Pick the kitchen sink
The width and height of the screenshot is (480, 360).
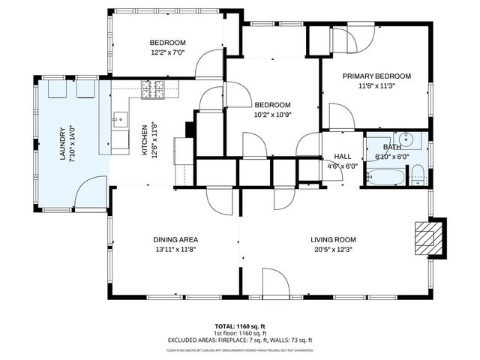(x=120, y=118)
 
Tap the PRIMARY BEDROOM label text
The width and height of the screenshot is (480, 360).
(x=376, y=76)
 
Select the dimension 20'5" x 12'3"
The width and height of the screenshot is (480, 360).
(x=331, y=250)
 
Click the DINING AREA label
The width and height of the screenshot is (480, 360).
(x=175, y=240)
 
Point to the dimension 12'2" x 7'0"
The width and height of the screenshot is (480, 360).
(x=167, y=52)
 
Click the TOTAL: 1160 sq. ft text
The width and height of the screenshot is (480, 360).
(x=240, y=326)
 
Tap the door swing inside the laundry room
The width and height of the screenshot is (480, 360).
(x=90, y=191)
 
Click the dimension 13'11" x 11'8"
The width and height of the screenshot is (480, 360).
(x=175, y=250)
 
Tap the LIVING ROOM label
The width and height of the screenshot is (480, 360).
(x=331, y=240)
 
